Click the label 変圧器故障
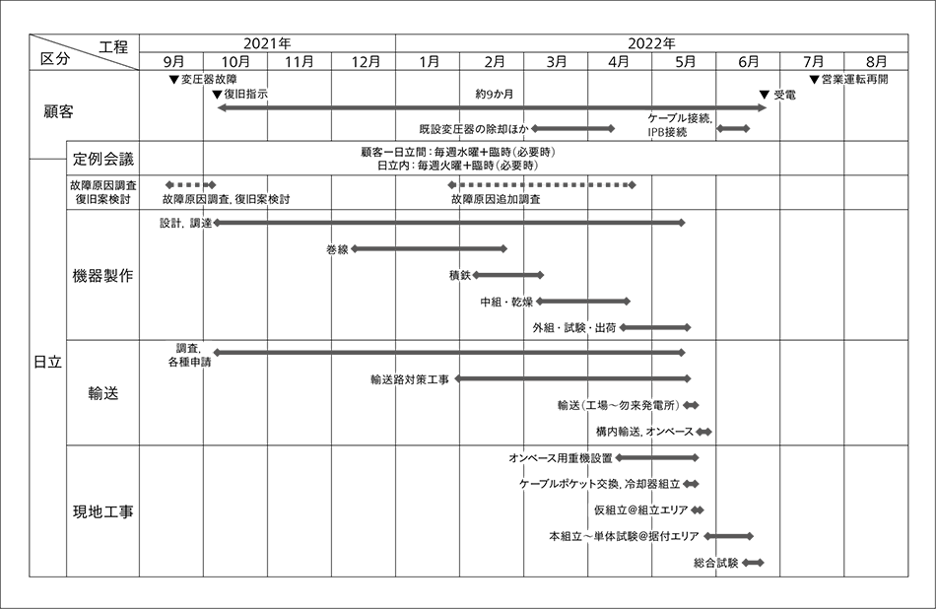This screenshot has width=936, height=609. [208, 79]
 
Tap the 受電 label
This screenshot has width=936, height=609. [784, 96]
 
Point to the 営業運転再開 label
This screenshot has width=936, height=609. [859, 79]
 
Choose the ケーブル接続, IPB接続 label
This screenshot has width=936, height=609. [680, 125]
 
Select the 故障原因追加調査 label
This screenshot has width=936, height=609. [495, 199]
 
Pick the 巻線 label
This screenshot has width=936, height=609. [337, 251]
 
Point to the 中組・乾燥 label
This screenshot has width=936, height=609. [507, 303]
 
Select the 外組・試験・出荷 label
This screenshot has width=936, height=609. [575, 328]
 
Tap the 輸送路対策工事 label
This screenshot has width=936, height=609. [409, 379]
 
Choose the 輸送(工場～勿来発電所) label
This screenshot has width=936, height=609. [618, 406]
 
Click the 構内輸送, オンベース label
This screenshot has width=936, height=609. [644, 433]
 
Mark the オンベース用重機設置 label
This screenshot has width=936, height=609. [561, 459]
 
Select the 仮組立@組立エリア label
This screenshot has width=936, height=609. [639, 510]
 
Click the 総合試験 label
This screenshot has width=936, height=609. [716, 563]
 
